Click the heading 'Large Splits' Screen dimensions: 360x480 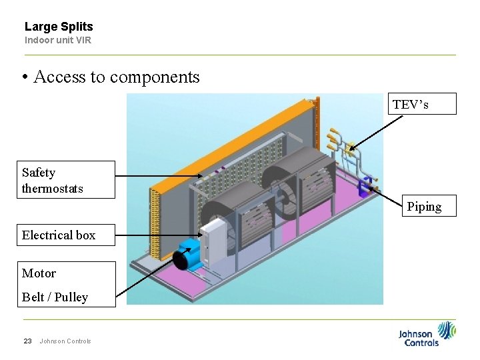pos(59,27)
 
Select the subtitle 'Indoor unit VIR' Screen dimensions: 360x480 pos(58,40)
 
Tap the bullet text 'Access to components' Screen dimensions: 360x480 pos(116,77)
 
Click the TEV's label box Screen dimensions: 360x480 pos(422,104)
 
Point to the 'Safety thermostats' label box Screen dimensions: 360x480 pos(65,180)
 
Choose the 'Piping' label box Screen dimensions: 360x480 pos(424,207)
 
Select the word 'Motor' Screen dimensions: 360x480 pos(39,273)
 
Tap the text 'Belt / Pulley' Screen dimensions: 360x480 pos(55,297)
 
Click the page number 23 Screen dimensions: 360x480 pos(27,341)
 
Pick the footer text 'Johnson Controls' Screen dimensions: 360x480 pos(65,341)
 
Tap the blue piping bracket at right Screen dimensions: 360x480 pos(365,187)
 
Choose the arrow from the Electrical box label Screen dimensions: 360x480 pos(160,235)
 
